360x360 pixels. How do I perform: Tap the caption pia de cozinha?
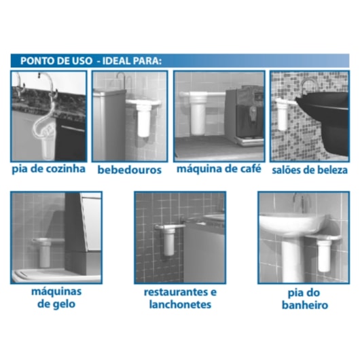point(48,168)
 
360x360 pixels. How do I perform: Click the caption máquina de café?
point(219,168)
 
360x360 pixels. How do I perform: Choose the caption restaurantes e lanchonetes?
point(180,298)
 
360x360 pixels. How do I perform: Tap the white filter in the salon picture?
point(282,114)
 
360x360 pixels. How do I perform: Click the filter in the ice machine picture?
point(46,251)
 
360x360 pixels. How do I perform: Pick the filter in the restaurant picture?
point(166,241)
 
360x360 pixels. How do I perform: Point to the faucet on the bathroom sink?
point(298,202)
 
